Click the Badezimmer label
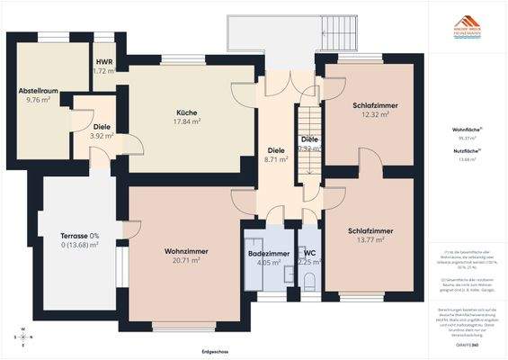point(268,255)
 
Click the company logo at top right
point(466,28)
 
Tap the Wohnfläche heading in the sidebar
point(466,130)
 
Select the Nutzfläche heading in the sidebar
point(466,150)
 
